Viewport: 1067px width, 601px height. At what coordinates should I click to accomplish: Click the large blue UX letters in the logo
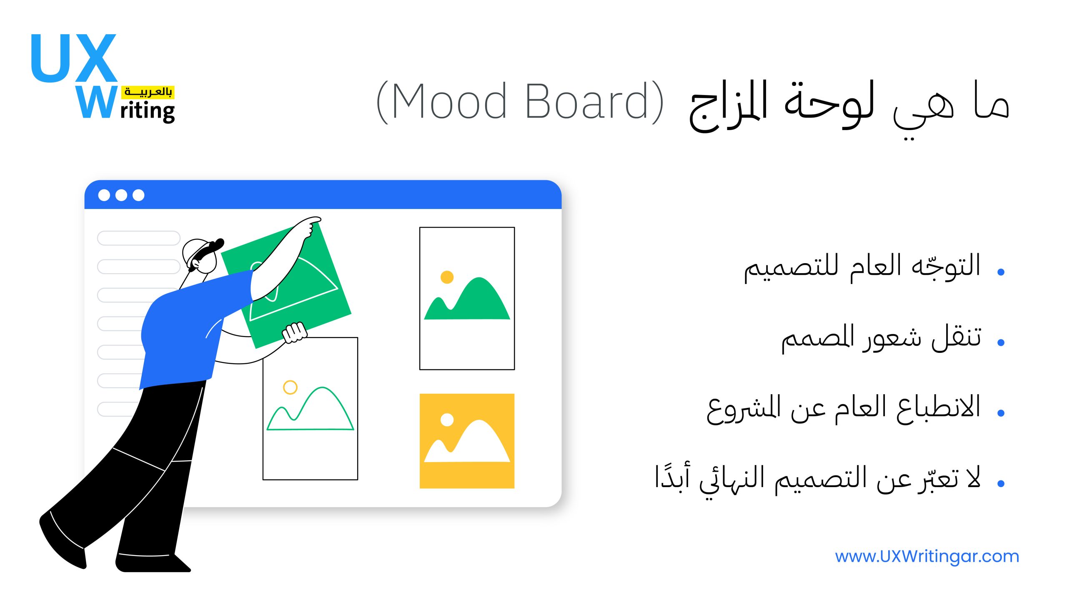point(74,58)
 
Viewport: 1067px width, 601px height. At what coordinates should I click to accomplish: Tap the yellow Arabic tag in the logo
point(148,92)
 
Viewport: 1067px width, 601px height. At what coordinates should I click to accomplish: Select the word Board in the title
point(587,101)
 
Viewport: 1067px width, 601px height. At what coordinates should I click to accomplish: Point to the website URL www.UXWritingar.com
point(927,556)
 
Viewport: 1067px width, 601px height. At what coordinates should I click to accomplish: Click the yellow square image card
point(467,441)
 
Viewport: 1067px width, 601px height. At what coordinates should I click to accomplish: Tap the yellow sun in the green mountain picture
point(447,277)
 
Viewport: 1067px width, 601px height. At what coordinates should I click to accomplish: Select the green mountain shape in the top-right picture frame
point(467,299)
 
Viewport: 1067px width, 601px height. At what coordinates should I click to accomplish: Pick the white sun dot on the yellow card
point(447,420)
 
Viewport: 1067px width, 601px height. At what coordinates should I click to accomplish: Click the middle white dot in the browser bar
point(121,195)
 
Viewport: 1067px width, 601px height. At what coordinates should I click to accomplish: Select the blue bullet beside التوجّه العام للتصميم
point(1001,272)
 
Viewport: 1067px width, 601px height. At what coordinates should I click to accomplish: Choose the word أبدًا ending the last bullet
point(672,476)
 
